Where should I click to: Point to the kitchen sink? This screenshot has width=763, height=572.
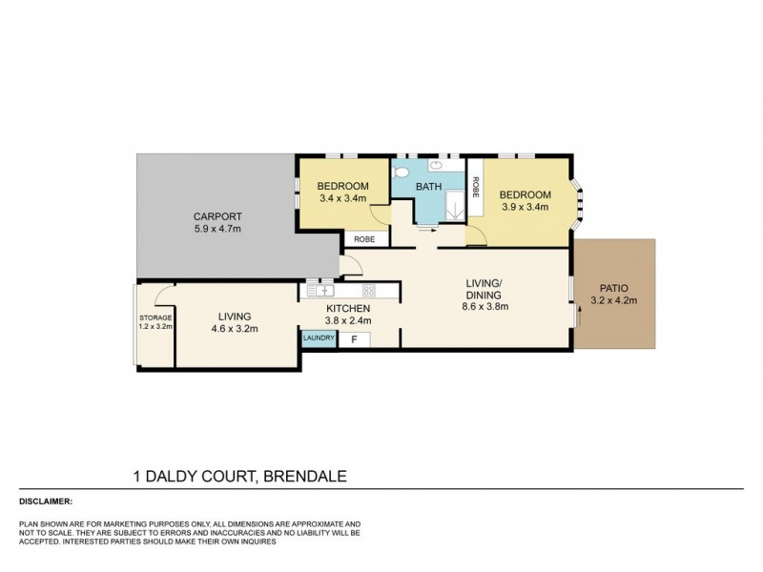(x=320, y=289)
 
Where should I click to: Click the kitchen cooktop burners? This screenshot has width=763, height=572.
(x=368, y=289)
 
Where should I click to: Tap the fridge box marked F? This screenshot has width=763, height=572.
(x=355, y=338)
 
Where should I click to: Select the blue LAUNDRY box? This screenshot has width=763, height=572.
(x=318, y=338)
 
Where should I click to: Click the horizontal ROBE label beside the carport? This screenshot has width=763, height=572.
(x=363, y=239)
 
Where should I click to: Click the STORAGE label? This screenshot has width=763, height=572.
(x=155, y=317)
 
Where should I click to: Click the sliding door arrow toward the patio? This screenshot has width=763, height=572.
(x=578, y=317)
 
